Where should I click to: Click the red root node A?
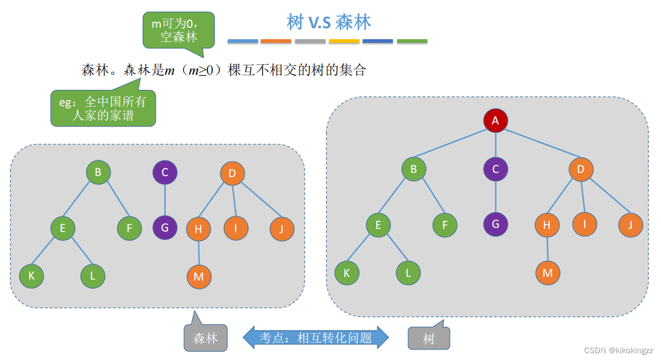click(x=495, y=121)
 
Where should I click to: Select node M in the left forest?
click(x=199, y=276)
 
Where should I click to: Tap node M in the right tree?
click(x=548, y=273)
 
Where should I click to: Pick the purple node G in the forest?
click(x=165, y=228)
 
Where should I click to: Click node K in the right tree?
click(x=347, y=273)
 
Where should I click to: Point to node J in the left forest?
click(x=282, y=229)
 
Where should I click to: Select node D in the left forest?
click(x=233, y=173)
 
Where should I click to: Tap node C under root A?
click(x=495, y=169)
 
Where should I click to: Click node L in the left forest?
click(x=93, y=276)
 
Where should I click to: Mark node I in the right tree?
click(x=585, y=224)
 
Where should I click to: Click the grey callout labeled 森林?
click(x=205, y=338)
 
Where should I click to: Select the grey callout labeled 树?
click(x=428, y=339)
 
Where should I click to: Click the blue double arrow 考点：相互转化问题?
click(x=316, y=338)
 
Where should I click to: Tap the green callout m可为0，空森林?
click(x=178, y=30)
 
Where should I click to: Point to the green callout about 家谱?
click(x=103, y=108)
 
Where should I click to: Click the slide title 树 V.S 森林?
click(x=329, y=22)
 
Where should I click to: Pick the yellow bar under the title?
click(x=344, y=41)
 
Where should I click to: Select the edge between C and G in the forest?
click(x=165, y=200)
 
